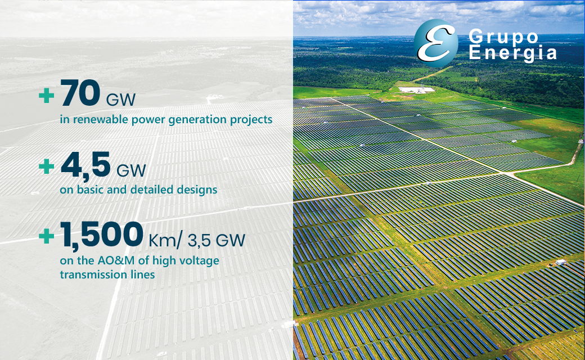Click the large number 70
(80, 92)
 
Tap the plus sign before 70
(47, 95)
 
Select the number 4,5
(85, 164)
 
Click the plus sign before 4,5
(47, 166)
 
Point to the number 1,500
(102, 235)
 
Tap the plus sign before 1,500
(47, 236)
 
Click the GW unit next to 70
(120, 100)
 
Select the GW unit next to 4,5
(131, 171)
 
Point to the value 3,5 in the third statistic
(199, 241)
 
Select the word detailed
(151, 190)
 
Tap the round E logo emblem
(436, 43)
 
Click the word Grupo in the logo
(503, 37)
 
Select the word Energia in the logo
(512, 52)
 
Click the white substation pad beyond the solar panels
(416, 89)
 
